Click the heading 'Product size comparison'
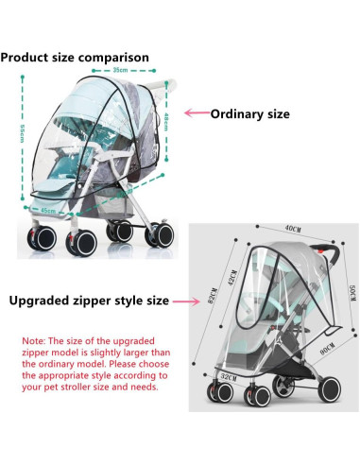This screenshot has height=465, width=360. [76, 58]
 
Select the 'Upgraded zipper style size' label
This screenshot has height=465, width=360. [88, 301]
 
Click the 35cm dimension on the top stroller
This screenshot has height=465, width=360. [119, 70]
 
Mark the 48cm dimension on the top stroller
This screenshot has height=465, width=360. [165, 123]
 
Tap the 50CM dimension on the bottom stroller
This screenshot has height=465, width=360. [351, 301]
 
